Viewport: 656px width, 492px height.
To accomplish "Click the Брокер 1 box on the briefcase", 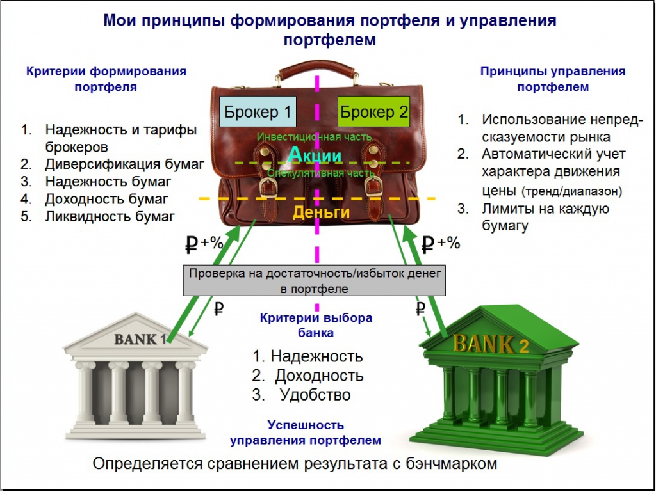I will click(258, 113).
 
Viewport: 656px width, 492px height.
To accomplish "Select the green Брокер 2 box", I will click(374, 113).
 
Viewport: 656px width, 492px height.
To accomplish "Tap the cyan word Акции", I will click(315, 154).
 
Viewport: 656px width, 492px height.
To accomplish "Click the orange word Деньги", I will click(322, 212).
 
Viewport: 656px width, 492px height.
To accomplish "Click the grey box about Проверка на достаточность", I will click(314, 281).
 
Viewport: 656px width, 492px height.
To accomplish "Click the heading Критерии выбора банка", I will click(316, 325).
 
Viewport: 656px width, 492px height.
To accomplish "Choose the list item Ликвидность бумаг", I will click(110, 216).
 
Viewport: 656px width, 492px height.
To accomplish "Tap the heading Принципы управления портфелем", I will click(553, 79).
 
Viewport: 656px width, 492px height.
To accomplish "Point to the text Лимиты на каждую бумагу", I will click(545, 217).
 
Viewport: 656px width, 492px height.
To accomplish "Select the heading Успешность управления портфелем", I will click(306, 432).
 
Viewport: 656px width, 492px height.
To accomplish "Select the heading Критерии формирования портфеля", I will click(106, 79).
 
